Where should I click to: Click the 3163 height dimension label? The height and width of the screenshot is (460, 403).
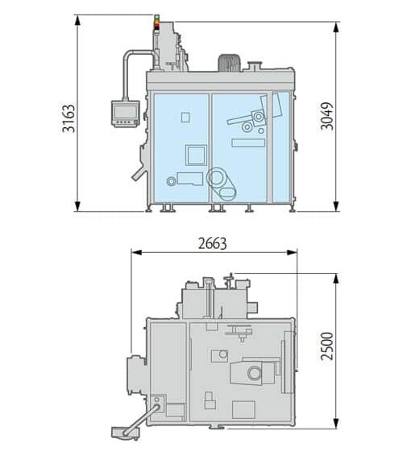tap(69, 118)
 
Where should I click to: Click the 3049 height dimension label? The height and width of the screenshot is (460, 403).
tap(327, 116)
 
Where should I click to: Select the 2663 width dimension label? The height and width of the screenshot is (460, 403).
tap(213, 243)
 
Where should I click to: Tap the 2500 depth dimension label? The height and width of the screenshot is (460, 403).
tap(327, 346)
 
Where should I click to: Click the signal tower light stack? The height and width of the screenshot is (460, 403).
tap(157, 23)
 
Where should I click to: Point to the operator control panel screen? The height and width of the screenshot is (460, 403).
tap(126, 113)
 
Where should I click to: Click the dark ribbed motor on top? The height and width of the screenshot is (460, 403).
tap(229, 63)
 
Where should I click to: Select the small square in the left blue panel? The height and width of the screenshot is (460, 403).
tap(185, 118)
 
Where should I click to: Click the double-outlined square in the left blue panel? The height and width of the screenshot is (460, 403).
tap(196, 155)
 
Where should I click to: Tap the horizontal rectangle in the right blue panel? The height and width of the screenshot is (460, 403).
tap(248, 143)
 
